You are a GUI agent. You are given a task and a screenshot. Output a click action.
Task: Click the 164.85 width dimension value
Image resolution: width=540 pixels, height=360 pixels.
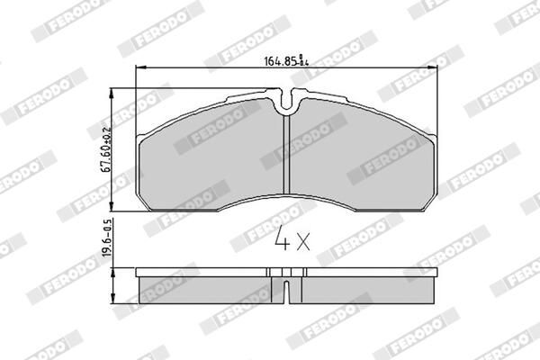pos(280,62)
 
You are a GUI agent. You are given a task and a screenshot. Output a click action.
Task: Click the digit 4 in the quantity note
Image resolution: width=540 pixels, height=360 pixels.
pos(281,241)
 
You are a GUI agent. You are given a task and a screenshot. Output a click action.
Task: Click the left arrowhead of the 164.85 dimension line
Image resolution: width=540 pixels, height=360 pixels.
pos(137,70)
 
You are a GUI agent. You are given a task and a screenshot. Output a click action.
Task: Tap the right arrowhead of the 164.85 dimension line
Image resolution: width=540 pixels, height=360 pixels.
pos(434,70)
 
